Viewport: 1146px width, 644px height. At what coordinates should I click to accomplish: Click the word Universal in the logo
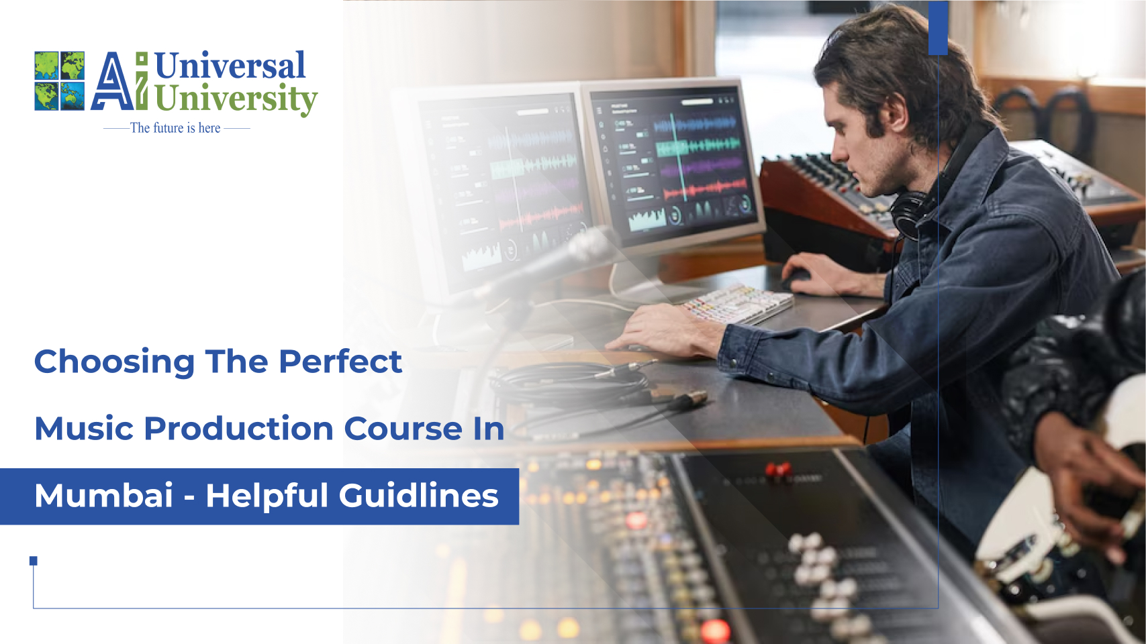[x=230, y=66]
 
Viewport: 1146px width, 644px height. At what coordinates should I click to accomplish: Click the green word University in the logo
[x=235, y=99]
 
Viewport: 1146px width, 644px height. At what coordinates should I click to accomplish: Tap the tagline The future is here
[x=175, y=128]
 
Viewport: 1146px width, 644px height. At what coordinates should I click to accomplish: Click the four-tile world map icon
[x=60, y=81]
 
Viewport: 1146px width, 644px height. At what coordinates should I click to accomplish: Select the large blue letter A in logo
[x=111, y=83]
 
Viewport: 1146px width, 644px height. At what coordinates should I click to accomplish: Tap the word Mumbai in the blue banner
[x=104, y=496]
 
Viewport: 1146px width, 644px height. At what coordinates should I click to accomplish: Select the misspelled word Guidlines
[x=418, y=496]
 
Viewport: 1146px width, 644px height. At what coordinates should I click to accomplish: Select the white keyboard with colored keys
[x=738, y=303]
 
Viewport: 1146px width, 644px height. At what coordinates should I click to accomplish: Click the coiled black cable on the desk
[x=571, y=386]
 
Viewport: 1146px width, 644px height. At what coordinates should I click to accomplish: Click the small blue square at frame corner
[x=34, y=561]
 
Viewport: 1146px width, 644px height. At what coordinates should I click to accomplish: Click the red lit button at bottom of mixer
[x=714, y=630]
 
